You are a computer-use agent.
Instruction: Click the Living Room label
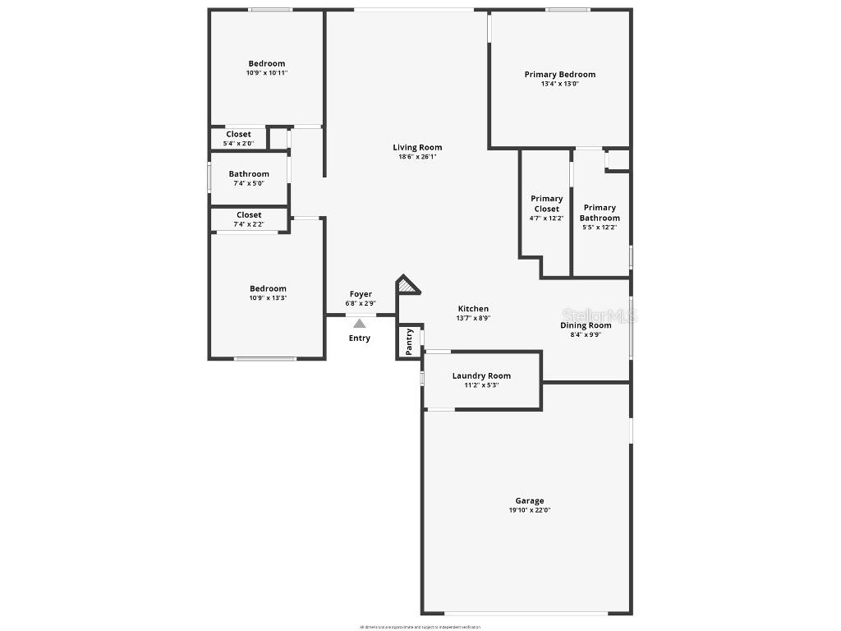point(417,148)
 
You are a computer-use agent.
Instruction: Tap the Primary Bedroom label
point(559,75)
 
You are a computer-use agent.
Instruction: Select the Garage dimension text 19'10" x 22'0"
point(529,510)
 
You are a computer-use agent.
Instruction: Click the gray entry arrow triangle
point(360,324)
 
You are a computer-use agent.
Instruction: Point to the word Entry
point(360,338)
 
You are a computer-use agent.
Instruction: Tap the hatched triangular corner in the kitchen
point(407,286)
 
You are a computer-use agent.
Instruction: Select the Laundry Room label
point(481,376)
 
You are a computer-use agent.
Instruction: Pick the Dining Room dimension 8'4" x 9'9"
point(586,334)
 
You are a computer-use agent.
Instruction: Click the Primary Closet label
point(546,203)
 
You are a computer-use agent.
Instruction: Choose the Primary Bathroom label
point(600,213)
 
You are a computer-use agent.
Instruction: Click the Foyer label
point(361,294)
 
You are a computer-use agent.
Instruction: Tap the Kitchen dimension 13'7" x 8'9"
point(473,318)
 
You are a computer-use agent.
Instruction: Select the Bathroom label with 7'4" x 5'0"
point(249,174)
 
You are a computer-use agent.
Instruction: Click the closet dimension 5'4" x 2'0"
point(238,144)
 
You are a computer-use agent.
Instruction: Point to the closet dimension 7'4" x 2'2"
point(249,224)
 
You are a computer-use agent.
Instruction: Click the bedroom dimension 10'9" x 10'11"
point(267,73)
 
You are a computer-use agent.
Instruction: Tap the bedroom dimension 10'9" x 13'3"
point(268,298)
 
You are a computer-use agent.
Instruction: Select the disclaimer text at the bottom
point(420,627)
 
